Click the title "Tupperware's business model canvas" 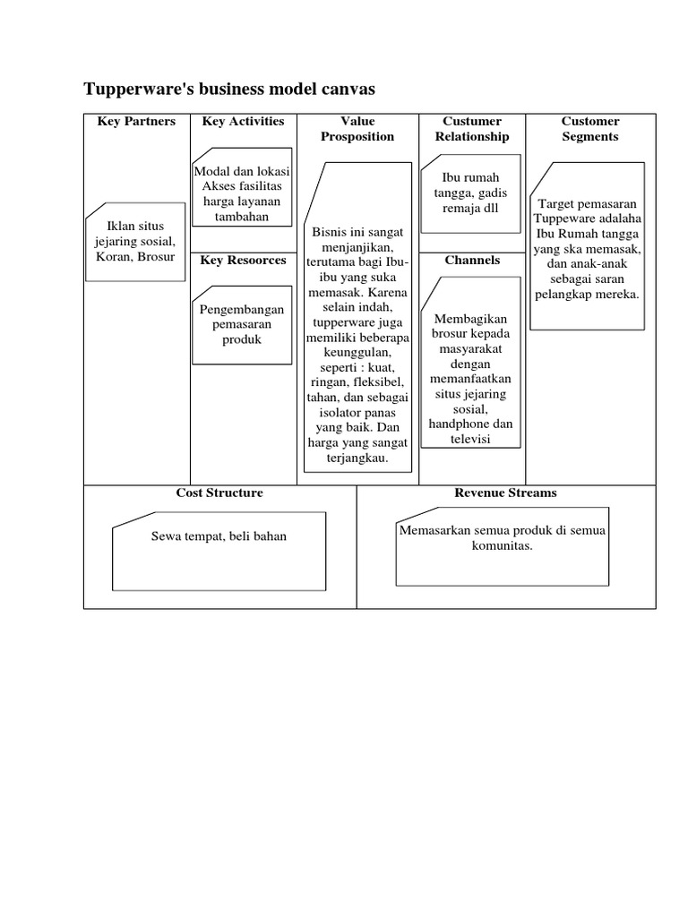228,89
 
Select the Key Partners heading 136,122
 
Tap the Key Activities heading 243,122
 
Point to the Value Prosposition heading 357,129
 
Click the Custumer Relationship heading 472,129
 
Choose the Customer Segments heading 590,129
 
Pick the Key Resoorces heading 243,261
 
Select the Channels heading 472,261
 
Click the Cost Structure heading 219,493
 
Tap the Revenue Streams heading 505,493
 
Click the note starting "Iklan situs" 136,242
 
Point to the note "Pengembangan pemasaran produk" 242,324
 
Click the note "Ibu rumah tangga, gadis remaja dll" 472,193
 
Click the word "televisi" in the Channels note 472,440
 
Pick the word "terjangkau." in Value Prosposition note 357,458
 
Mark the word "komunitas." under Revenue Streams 503,545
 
